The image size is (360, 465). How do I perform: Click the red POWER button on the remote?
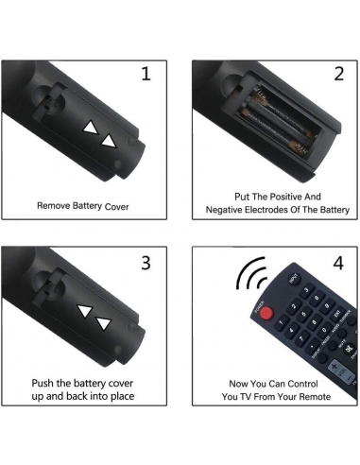pos(266,313)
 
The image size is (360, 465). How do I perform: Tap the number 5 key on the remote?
pos(305,314)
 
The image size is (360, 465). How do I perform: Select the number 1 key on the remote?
pos(281,322)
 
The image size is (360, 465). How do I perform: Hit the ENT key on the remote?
pos(338,313)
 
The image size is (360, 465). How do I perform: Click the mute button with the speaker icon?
pos(349,349)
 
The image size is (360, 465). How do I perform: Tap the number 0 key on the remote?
pos(324,331)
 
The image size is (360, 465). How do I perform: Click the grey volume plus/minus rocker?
pos(343,372)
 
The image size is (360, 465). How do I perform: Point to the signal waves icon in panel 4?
pos(251,274)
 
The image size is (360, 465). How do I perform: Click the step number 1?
pos(146,74)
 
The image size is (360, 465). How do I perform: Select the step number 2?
pos(338,74)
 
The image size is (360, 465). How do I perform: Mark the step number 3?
pos(146,263)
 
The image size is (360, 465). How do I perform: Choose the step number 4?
pos(338,263)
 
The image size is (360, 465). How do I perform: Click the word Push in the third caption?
pos(41,383)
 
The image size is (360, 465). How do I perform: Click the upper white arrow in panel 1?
pos(91,128)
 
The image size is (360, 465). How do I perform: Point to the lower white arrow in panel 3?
pos(104,323)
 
